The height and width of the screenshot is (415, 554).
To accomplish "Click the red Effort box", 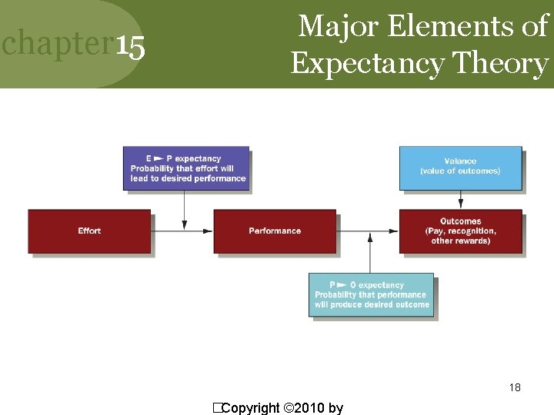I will pyautogui.click(x=89, y=231).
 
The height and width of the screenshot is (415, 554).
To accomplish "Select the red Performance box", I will pyautogui.click(x=275, y=231).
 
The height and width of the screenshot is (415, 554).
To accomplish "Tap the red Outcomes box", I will pyautogui.click(x=460, y=231).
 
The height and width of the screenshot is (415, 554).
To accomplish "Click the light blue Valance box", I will pyautogui.click(x=460, y=167).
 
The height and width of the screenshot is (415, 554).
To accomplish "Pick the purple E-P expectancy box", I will pyautogui.click(x=187, y=168).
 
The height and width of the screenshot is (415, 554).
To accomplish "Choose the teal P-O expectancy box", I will pyautogui.click(x=371, y=294).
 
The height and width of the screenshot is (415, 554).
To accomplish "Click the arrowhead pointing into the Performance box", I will pyautogui.click(x=208, y=231).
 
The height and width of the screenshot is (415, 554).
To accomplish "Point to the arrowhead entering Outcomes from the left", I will pyautogui.click(x=393, y=231).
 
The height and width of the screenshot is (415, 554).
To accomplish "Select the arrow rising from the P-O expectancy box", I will pyautogui.click(x=371, y=254).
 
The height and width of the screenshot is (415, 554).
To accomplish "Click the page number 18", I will pyautogui.click(x=515, y=387).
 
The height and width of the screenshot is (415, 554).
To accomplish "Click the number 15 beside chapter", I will pyautogui.click(x=131, y=47).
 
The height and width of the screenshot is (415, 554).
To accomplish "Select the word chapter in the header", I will pyautogui.click(x=58, y=45).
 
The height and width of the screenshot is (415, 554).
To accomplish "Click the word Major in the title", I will pyautogui.click(x=339, y=26).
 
